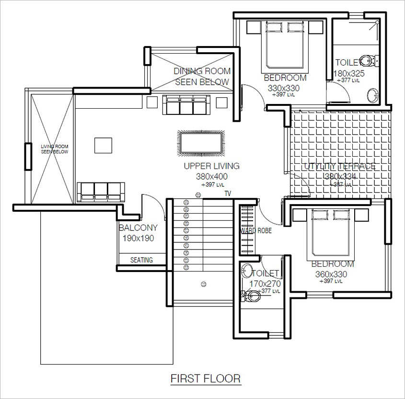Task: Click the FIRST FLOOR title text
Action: click(206, 378)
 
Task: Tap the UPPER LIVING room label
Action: click(211, 166)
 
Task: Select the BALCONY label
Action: click(138, 228)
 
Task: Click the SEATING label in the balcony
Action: click(142, 260)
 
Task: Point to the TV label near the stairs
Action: click(228, 194)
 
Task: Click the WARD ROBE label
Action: click(256, 231)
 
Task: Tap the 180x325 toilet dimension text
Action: click(349, 73)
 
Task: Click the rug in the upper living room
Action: click(200, 143)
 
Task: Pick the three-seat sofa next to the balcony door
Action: click(101, 192)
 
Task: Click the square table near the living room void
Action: click(103, 146)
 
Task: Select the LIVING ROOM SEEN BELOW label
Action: click(54, 148)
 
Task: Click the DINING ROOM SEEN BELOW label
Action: click(202, 76)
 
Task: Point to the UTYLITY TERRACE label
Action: click(340, 167)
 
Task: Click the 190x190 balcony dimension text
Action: click(138, 238)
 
